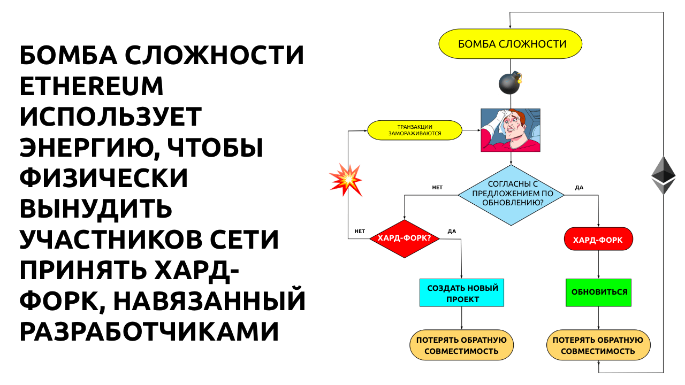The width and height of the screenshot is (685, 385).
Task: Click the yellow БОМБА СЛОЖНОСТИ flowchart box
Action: [x=511, y=44]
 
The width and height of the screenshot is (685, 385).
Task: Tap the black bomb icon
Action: [x=509, y=83]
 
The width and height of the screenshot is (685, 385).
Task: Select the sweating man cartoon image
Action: [x=510, y=130]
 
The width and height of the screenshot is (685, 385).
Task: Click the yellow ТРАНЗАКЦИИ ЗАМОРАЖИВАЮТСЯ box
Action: [x=415, y=130]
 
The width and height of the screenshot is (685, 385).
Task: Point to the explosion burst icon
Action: [x=346, y=179]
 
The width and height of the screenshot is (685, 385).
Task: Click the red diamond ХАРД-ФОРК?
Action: [x=405, y=239]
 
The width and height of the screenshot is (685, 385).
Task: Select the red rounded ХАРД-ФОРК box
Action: [x=598, y=240]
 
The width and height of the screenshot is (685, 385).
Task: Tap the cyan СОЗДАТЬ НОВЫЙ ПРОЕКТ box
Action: [x=462, y=294]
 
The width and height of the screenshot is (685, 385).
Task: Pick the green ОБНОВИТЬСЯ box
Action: [x=598, y=292]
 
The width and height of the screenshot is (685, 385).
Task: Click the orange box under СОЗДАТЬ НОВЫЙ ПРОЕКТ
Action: [x=462, y=345]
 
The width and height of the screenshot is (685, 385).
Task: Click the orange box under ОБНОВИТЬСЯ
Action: [x=598, y=345]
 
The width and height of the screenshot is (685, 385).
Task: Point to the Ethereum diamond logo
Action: [x=663, y=175]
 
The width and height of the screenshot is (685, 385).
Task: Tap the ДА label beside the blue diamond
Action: [x=579, y=188]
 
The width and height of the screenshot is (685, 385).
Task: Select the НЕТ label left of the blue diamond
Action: [x=437, y=188]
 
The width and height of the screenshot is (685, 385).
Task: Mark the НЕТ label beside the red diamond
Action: [x=360, y=232]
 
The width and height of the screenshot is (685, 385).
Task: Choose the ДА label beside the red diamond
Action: [x=452, y=232]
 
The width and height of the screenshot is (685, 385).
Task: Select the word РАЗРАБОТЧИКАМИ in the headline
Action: [x=149, y=332]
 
